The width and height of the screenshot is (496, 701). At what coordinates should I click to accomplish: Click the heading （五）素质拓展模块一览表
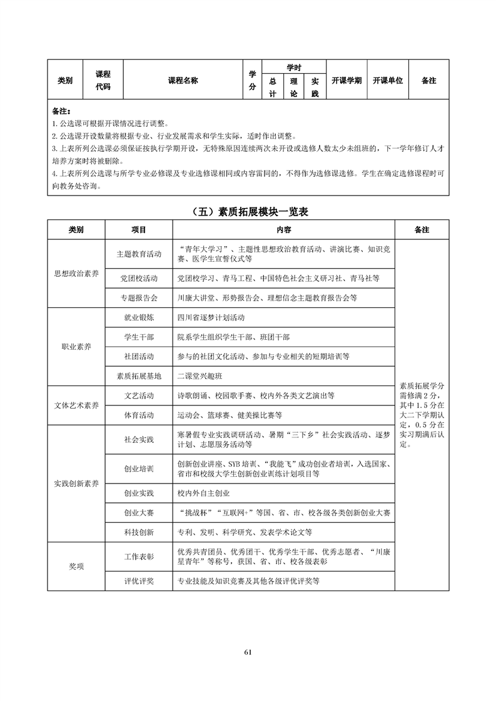pyautogui.click(x=248, y=212)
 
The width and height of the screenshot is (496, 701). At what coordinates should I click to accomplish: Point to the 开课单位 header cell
pyautogui.click(x=387, y=80)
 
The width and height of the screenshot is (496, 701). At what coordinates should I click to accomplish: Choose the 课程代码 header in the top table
pyautogui.click(x=103, y=80)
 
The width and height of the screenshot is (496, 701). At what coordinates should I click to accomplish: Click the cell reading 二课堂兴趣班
pyautogui.click(x=200, y=376)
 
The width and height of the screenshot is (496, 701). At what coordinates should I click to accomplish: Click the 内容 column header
pyautogui.click(x=283, y=230)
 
